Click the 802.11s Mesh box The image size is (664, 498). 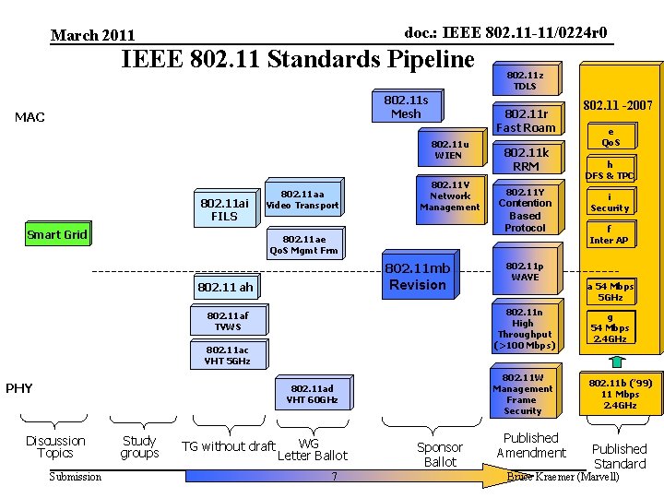406,106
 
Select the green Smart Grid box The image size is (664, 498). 57,234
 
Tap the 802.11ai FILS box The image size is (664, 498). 224,209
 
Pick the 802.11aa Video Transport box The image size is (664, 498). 302,199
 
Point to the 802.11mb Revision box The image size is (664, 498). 417,276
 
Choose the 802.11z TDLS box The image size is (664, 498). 525,79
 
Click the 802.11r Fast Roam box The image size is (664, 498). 526,121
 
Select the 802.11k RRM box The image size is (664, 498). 526,160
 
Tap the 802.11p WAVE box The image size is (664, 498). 525,271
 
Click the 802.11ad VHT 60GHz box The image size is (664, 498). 312,394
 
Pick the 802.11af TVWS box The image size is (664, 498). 227,321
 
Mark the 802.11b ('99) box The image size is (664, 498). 620,394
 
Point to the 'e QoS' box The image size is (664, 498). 611,136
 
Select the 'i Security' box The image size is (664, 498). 610,202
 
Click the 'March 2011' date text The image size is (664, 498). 92,35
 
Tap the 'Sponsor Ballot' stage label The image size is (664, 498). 440,454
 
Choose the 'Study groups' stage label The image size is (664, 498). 139,447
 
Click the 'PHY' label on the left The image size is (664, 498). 19,388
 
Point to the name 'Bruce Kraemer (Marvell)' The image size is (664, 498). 563,476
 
